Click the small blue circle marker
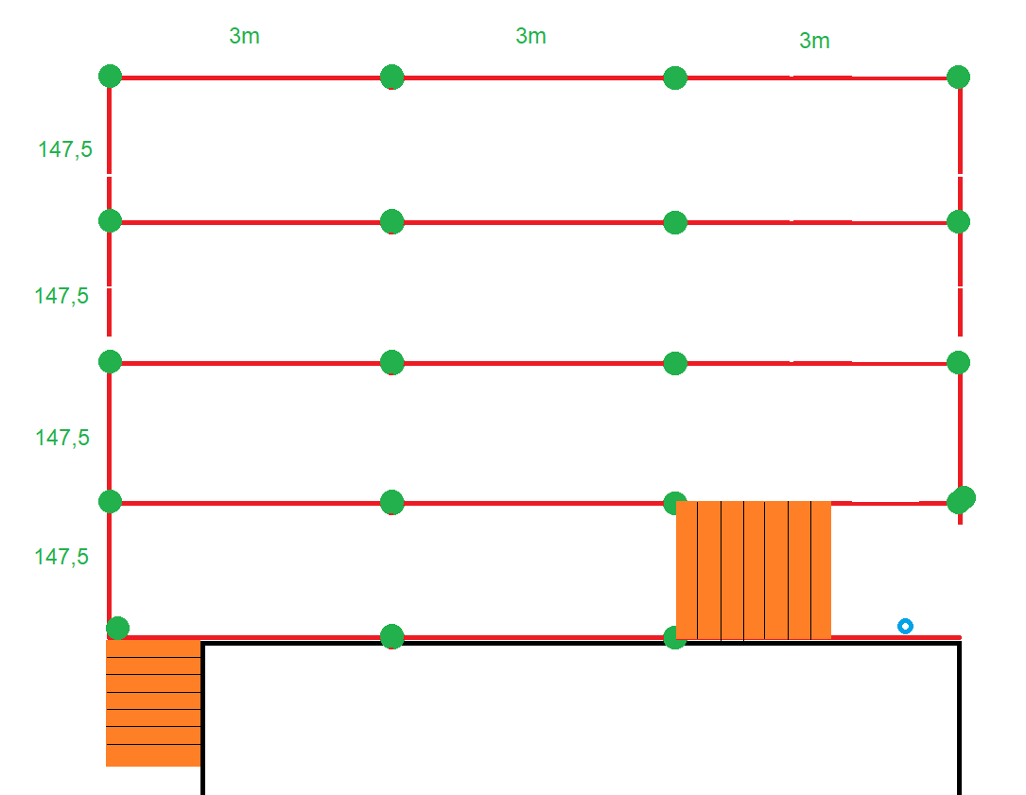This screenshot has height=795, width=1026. [x=905, y=626]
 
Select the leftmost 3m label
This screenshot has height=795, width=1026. [x=244, y=37]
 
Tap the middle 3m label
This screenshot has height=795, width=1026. [x=530, y=36]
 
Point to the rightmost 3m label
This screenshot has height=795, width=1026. [x=814, y=41]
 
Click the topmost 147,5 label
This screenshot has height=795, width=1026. [x=65, y=148]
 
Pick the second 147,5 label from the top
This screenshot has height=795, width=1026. [x=61, y=296]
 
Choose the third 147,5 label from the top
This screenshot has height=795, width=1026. [x=62, y=438]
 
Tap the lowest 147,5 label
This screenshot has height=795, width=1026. [x=61, y=557]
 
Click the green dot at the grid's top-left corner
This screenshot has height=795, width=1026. [x=110, y=76]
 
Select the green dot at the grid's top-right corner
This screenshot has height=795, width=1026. [x=958, y=77]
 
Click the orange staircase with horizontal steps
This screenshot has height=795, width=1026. [x=153, y=702]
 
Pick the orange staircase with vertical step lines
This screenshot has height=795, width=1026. [x=754, y=570]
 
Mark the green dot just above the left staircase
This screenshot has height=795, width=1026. [x=117, y=628]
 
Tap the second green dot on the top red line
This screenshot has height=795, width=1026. [x=391, y=77]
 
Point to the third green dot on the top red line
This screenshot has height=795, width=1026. [x=674, y=78]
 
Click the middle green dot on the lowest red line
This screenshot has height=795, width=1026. [x=391, y=636]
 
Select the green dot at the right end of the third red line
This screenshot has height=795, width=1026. [x=958, y=362]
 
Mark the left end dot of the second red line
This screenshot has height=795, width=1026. [x=110, y=220]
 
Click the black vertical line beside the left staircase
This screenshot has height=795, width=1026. [x=202, y=718]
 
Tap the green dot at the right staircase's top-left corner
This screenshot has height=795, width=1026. [x=674, y=502]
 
